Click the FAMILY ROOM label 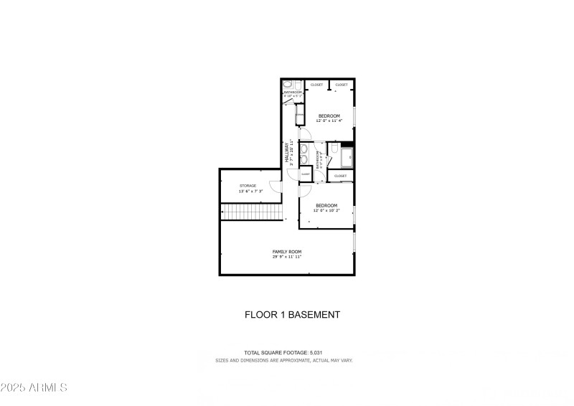coord(286,251)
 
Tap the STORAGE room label coord(248,186)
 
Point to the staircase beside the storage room coord(250,212)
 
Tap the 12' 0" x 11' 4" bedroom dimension coord(329,121)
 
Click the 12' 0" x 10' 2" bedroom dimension coord(326,210)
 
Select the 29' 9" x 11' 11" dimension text coord(286,256)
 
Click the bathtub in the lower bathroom coord(346,156)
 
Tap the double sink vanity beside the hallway coord(304,153)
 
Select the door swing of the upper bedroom coord(304,134)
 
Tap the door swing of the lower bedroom coord(304,189)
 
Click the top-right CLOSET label coord(342,85)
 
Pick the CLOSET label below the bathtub coord(340,176)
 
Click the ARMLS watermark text coord(34,388)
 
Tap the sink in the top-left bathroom coord(299,115)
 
